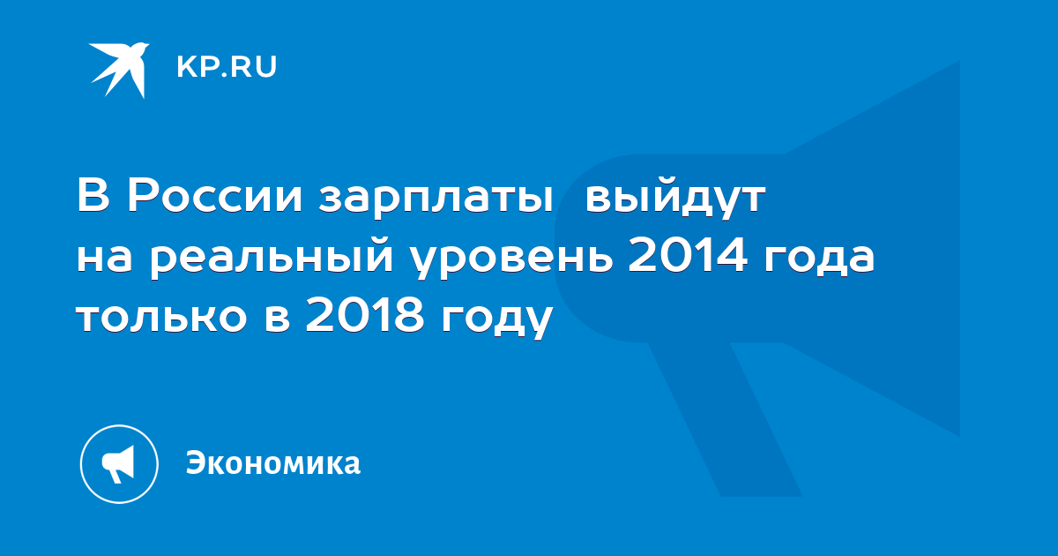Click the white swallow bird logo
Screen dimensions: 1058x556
(x=120, y=70)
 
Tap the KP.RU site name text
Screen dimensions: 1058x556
(x=227, y=67)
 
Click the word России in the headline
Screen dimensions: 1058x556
(x=214, y=197)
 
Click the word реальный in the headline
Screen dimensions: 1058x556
(x=272, y=259)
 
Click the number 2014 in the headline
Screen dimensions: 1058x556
(x=688, y=256)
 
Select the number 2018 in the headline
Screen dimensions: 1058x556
(x=365, y=315)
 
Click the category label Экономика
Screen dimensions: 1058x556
(x=273, y=462)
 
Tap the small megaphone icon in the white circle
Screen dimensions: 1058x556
(x=118, y=463)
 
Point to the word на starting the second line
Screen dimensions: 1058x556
(x=104, y=260)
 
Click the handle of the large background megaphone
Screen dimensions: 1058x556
(x=724, y=418)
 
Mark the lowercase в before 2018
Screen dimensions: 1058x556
(x=277, y=319)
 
